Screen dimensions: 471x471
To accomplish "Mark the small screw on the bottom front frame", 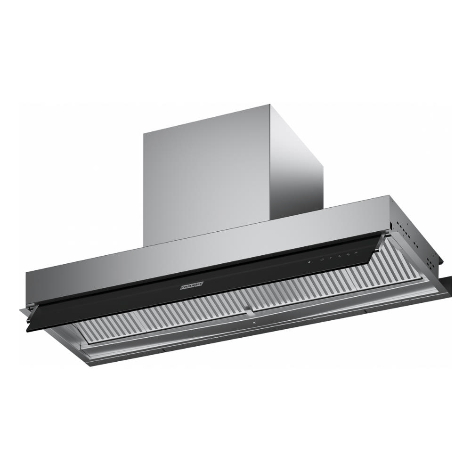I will click(254, 324).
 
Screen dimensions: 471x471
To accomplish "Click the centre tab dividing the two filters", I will click(248, 310).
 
